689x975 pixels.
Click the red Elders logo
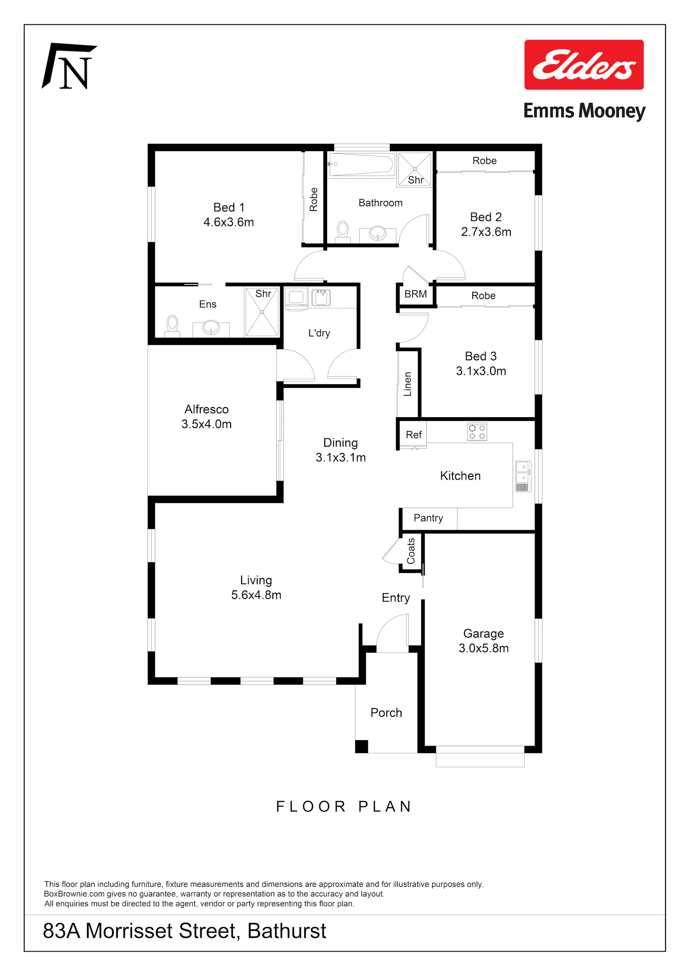584,64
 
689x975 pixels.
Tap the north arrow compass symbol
69,66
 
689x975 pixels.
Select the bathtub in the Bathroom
361,164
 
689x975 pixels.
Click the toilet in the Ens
172,326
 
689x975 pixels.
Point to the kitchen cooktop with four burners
477,432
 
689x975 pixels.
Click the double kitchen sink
523,476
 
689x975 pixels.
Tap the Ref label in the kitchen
413,435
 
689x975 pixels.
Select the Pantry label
428,518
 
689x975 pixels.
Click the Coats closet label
411,551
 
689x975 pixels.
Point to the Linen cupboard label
407,384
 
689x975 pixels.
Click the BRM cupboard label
416,294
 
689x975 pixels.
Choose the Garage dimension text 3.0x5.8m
484,648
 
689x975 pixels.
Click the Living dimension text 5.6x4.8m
256,595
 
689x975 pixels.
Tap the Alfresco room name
207,409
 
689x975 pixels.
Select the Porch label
386,713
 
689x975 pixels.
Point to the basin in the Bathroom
378,233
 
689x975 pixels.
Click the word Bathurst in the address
287,931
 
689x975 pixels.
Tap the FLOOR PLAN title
344,806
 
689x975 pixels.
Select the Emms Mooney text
584,111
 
